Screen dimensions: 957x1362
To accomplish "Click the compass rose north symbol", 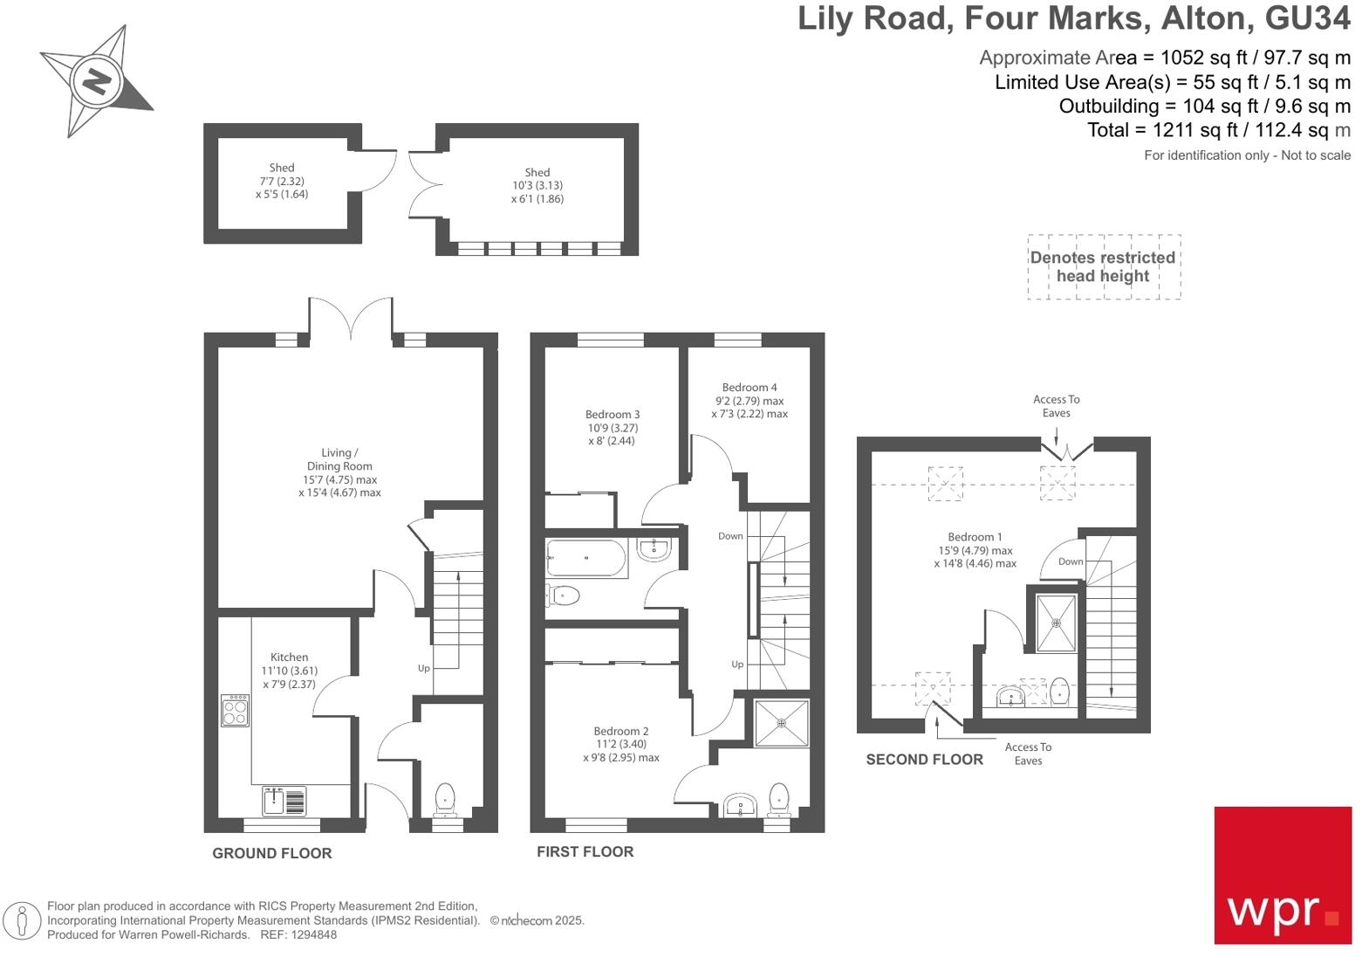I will pyautogui.click(x=96, y=81).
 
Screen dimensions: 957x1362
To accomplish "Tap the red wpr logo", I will pyautogui.click(x=1282, y=875).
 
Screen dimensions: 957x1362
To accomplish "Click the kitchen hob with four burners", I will pyautogui.click(x=235, y=710).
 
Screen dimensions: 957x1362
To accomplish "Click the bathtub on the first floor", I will pyautogui.click(x=586, y=558).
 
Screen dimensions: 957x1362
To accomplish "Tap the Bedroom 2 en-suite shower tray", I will pyautogui.click(x=781, y=723).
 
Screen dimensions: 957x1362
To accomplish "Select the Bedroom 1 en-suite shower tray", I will pyautogui.click(x=1056, y=623).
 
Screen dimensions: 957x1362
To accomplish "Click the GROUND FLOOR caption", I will pyautogui.click(x=272, y=853).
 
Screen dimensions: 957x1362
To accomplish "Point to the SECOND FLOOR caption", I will pyautogui.click(x=924, y=760).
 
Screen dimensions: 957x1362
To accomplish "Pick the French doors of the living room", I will pyautogui.click(x=351, y=319).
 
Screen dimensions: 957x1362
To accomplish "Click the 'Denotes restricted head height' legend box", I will pyautogui.click(x=1103, y=267).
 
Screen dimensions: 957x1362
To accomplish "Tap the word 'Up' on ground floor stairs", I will pyautogui.click(x=423, y=668).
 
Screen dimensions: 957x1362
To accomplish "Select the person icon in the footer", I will pyautogui.click(x=22, y=921).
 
